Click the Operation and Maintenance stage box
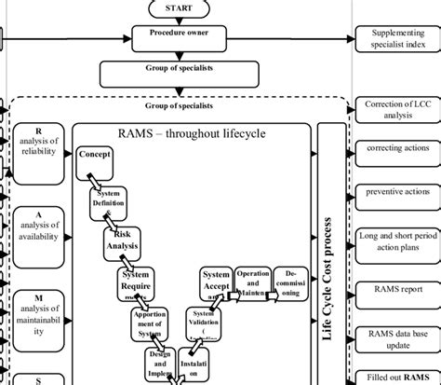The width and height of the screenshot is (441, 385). point(252,283)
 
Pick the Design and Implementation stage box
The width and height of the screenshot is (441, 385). point(159,364)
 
